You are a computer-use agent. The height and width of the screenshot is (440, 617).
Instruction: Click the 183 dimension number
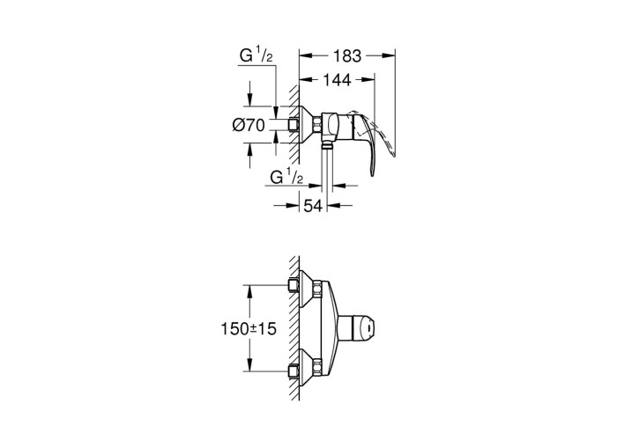[347, 56]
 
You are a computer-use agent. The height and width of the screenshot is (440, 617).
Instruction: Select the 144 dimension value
[337, 80]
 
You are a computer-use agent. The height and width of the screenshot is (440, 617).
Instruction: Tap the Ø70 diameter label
[249, 125]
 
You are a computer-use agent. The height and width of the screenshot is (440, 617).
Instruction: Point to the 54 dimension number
[313, 205]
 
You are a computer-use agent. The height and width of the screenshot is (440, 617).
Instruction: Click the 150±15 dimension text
[249, 328]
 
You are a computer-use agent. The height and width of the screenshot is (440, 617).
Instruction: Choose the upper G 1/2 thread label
[256, 55]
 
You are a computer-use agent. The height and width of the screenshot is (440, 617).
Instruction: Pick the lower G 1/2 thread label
[286, 177]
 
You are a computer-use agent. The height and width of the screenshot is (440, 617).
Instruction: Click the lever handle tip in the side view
[372, 172]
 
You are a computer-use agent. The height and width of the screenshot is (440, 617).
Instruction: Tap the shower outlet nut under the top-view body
[326, 147]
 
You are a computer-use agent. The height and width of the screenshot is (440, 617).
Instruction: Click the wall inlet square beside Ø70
[294, 125]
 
